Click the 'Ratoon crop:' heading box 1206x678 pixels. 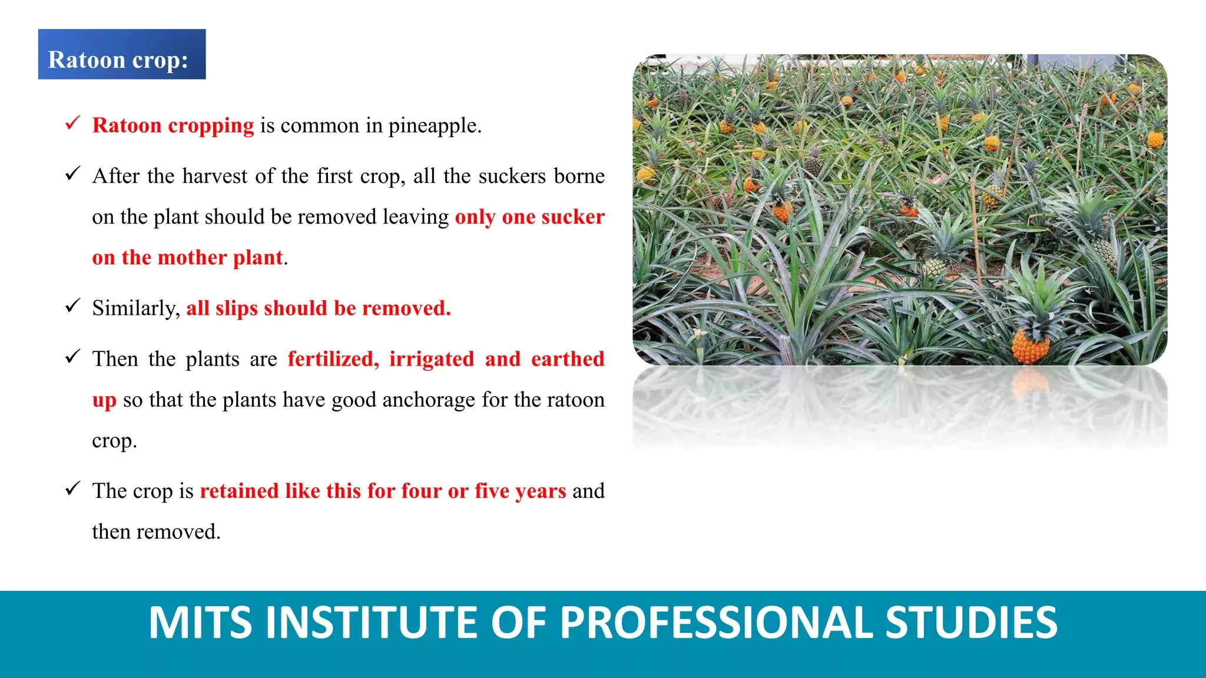(122, 54)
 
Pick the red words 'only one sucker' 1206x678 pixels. (530, 217)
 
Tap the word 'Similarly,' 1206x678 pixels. (136, 308)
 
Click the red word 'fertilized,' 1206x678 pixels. (333, 359)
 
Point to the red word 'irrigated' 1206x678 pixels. (432, 359)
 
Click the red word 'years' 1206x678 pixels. (541, 491)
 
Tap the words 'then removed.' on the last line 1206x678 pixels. (156, 531)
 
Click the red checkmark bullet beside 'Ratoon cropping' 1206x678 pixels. (72, 123)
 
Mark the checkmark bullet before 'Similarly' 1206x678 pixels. (72, 305)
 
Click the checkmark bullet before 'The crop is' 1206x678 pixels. (72, 488)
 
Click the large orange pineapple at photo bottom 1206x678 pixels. (1031, 346)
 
